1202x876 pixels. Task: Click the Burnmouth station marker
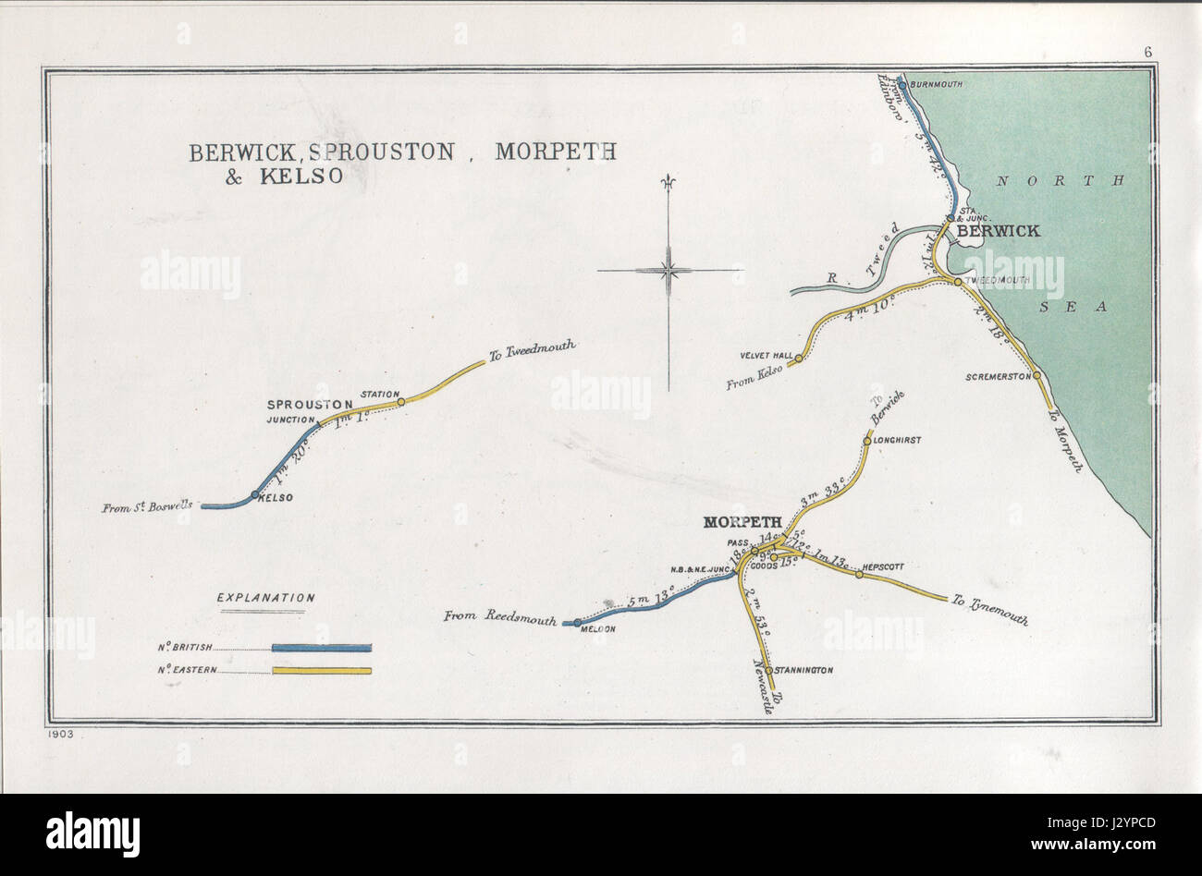[x=901, y=83]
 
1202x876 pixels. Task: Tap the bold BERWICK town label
[x=998, y=231]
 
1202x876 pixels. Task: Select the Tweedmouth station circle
[x=958, y=281]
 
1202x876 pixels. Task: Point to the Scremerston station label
[x=998, y=377]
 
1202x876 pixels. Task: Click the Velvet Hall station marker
[x=799, y=357]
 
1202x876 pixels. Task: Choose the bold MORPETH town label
[x=742, y=522]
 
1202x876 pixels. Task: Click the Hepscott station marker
[x=858, y=575]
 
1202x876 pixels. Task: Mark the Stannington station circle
[x=769, y=670]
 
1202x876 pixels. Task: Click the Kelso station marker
[x=255, y=494]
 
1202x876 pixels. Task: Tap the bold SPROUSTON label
[x=310, y=405]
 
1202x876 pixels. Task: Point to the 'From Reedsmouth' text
[x=499, y=617]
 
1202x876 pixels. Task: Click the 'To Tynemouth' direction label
[x=989, y=611]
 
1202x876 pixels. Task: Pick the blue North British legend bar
[x=321, y=648]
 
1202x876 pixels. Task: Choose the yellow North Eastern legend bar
[x=321, y=671]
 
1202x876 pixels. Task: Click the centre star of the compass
[x=668, y=271]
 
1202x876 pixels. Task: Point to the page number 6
[x=1147, y=52]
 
